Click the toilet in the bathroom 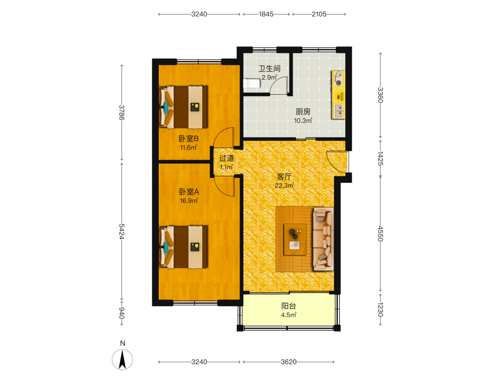(251, 84)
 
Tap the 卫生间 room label (270, 69)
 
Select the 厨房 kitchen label (303, 111)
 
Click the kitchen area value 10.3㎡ (303, 120)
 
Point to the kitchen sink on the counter (339, 110)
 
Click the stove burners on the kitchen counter (338, 79)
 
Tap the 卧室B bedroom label (188, 139)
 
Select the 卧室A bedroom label (189, 192)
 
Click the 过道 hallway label (227, 158)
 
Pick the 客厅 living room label (284, 177)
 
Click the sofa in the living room (323, 239)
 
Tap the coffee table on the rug (295, 239)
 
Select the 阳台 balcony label (289, 306)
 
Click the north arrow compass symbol (122, 359)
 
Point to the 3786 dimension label (122, 112)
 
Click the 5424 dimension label (122, 231)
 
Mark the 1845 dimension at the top (266, 14)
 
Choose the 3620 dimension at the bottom (289, 362)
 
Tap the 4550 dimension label (381, 234)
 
